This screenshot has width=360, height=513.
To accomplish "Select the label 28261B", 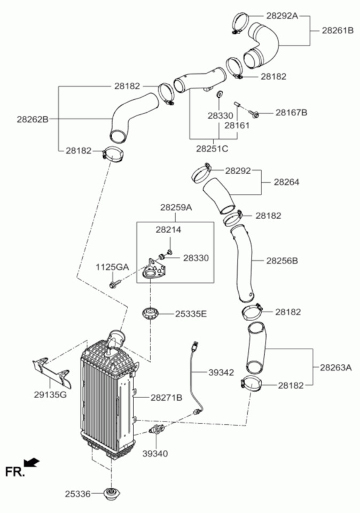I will pyautogui.click(x=338, y=30).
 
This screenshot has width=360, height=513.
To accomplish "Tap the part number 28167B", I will pyautogui.click(x=291, y=113).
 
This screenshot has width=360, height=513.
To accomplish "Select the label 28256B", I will pyautogui.click(x=281, y=261).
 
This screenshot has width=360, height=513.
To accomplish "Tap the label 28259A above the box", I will pyautogui.click(x=175, y=207).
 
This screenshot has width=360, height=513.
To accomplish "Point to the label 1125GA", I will pyautogui.click(x=113, y=267).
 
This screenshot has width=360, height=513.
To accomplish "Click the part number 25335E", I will pyautogui.click(x=191, y=314).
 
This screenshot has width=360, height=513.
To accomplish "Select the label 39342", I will pyautogui.click(x=221, y=372).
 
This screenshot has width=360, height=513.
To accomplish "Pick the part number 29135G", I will pyautogui.click(x=50, y=395).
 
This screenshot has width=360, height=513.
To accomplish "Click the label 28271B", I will pyautogui.click(x=166, y=398).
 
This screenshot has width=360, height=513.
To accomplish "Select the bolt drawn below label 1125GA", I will pyautogui.click(x=114, y=284).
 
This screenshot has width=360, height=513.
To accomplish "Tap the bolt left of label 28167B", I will pyautogui.click(x=255, y=113).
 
